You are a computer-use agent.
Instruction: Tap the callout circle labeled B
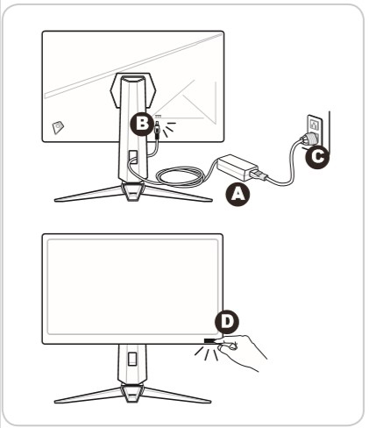click(139, 125)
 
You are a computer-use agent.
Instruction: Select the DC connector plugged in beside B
click(157, 131)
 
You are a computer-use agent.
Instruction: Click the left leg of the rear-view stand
click(83, 194)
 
